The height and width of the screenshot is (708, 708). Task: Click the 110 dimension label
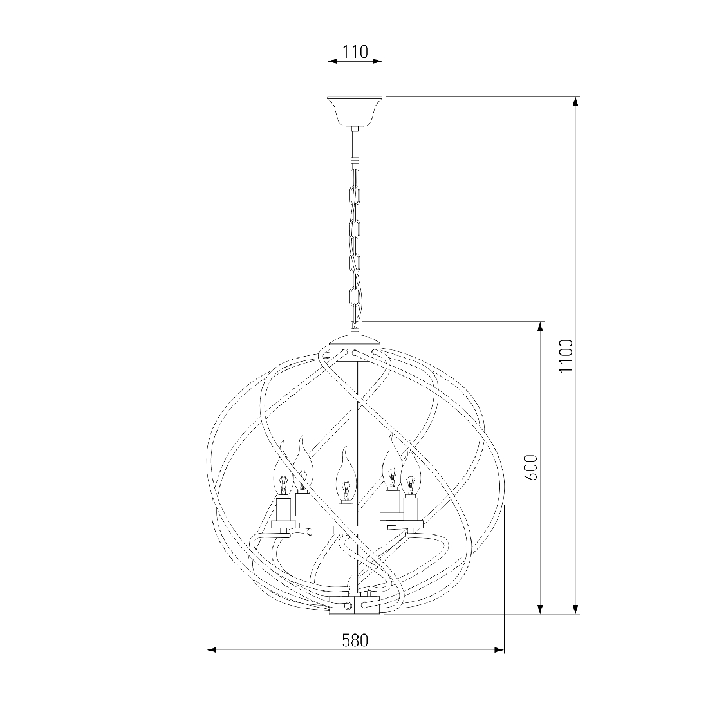click(x=355, y=52)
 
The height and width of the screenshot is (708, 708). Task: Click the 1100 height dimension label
click(x=565, y=355)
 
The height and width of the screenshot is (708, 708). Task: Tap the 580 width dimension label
click(x=355, y=640)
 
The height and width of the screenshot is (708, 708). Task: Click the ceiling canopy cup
click(x=355, y=111)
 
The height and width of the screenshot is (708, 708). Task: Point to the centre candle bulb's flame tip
click(x=344, y=448)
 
